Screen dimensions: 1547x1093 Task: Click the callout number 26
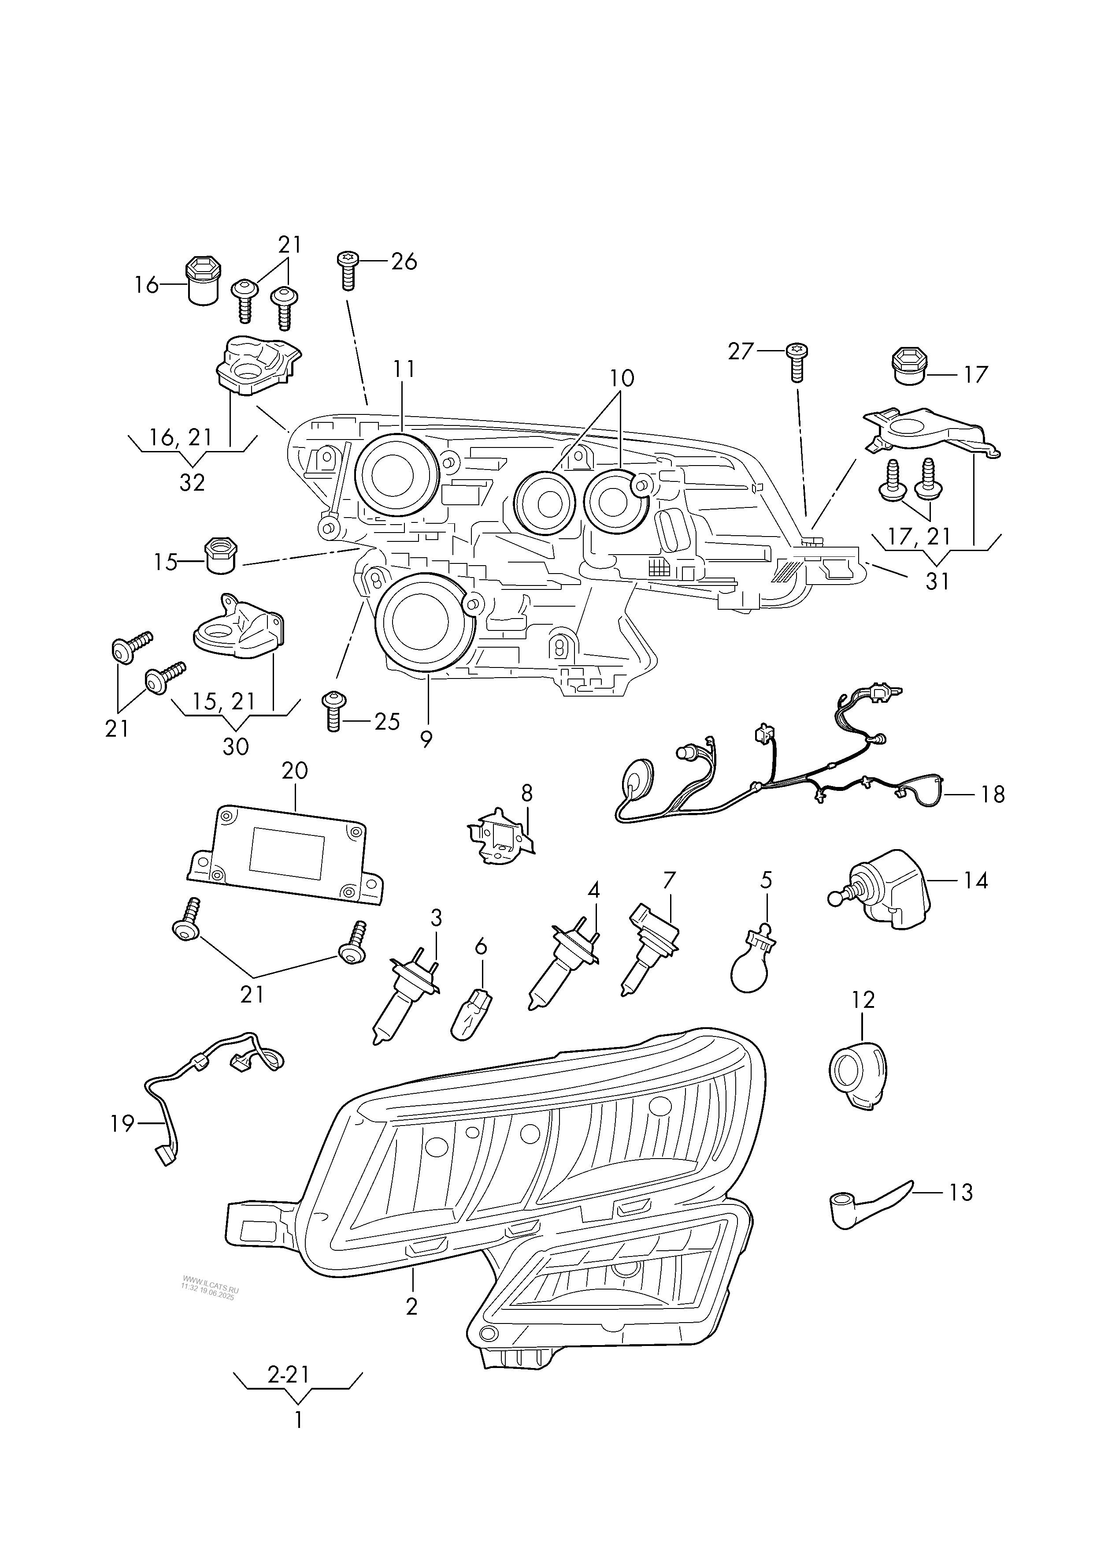click(x=404, y=261)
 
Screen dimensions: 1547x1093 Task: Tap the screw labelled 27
click(x=797, y=362)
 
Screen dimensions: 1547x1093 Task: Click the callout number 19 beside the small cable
click(x=122, y=1123)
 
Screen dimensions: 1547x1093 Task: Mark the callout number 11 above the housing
click(x=404, y=369)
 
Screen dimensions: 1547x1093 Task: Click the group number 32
click(x=192, y=482)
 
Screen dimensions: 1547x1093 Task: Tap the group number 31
click(x=937, y=580)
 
